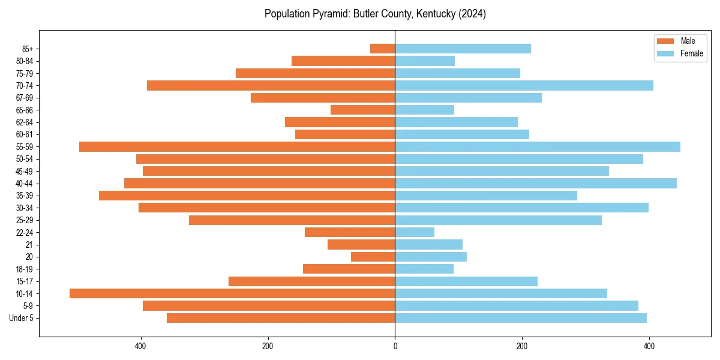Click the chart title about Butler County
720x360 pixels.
point(375,14)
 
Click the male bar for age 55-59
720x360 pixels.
point(237,146)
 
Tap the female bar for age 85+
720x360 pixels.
point(463,49)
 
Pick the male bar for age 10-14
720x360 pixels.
point(232,293)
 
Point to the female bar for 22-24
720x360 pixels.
point(415,232)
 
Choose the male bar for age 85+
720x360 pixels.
point(383,49)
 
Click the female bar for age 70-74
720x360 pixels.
point(524,85)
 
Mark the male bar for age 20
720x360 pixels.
point(373,257)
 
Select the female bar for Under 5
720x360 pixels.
point(521,318)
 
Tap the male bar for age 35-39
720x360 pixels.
point(247,196)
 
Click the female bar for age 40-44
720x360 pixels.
point(536,183)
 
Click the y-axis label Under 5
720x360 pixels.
point(22,318)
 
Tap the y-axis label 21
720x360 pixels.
point(29,245)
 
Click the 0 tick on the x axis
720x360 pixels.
point(395,346)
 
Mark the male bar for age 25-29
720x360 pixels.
point(292,220)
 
